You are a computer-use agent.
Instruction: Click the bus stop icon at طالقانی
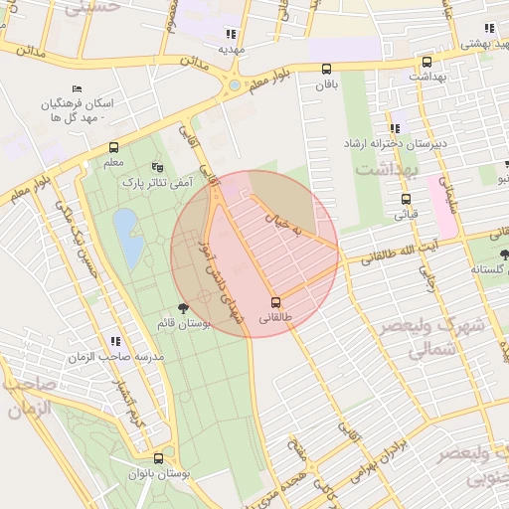pos(275,302)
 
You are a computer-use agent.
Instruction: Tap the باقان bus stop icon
pos(327,69)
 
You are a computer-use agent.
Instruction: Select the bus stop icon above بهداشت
pos(426,62)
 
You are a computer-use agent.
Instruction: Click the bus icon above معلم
pos(113,147)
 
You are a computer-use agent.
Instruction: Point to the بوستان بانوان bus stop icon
pos(159,458)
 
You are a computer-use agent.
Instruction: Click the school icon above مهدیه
pos(232,33)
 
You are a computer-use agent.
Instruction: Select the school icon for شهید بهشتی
pos(488,29)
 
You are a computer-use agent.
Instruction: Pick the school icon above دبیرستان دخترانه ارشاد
pos(395,128)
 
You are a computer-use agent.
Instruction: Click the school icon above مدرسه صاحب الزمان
pos(116,341)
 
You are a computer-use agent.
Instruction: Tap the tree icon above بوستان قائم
pos(182,308)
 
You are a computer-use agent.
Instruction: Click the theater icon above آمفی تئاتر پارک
pos(156,167)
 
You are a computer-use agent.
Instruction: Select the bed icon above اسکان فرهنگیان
pos(78,89)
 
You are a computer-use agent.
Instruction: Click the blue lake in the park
pos(127,237)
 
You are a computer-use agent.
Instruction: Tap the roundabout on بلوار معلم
pos(234,85)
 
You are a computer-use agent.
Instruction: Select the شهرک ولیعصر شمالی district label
pos(430,338)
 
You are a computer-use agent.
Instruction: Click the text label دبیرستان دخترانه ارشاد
pos(396,144)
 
